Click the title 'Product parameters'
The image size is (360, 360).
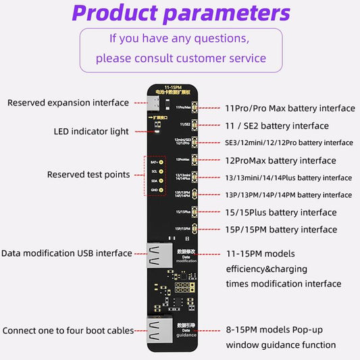[180, 14]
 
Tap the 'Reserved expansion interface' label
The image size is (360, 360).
[68, 103]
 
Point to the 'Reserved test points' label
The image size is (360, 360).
[88, 174]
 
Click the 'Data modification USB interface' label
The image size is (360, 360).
[67, 253]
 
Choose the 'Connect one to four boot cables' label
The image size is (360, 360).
[67, 331]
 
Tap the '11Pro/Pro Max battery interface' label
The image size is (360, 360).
[290, 108]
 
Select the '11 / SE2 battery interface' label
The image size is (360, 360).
[277, 126]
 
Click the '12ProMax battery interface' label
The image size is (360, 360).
[280, 161]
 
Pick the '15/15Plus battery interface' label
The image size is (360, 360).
[280, 212]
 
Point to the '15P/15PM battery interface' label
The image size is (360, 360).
[280, 230]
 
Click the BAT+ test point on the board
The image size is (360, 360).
[163, 163]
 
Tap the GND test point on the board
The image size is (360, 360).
[163, 191]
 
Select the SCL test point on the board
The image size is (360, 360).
[163, 172]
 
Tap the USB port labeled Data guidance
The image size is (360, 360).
[154, 332]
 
